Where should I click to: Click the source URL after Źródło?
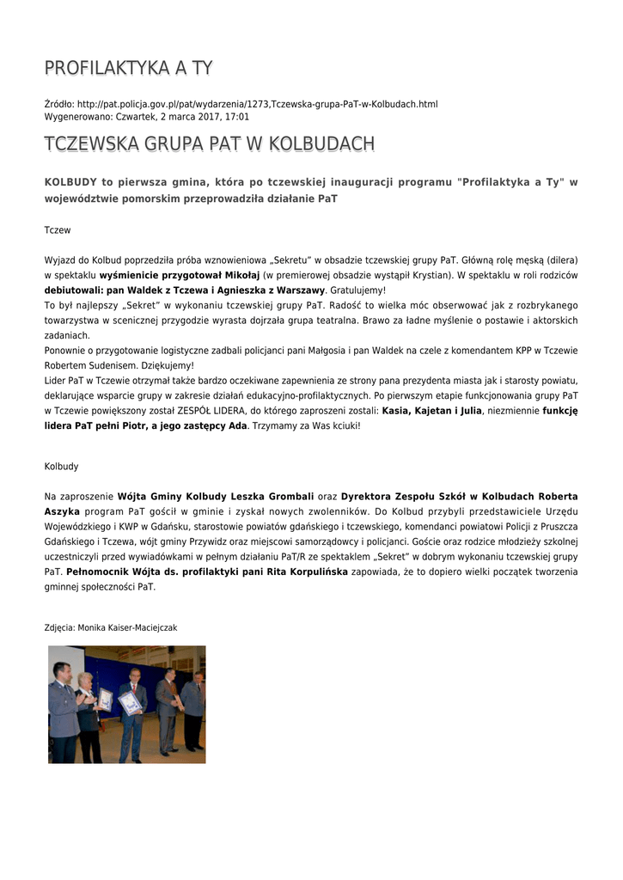[257, 104]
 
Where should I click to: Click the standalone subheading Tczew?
[58, 230]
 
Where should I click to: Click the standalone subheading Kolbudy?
[61, 467]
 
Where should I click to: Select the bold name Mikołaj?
[241, 275]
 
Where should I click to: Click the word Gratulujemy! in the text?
[357, 290]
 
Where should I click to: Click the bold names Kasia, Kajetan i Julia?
[432, 411]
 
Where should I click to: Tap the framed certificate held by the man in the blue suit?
[130, 703]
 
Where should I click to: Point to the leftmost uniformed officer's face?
[61, 671]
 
